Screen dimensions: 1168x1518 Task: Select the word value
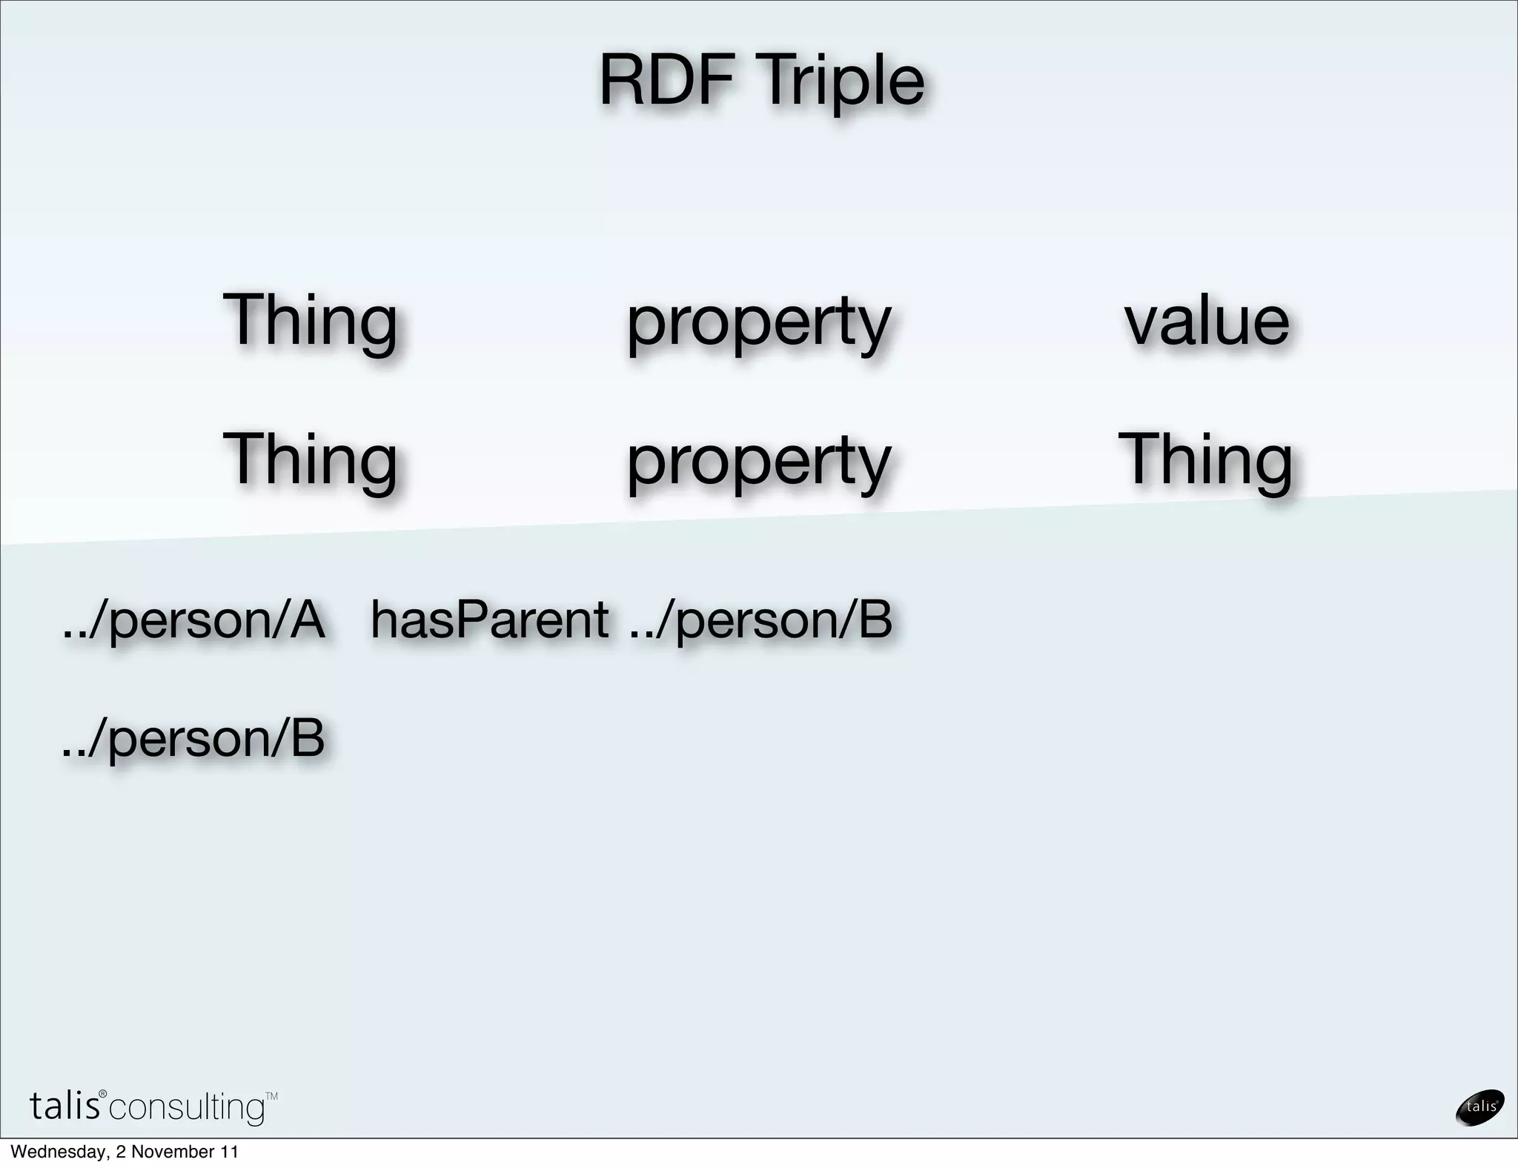coord(1207,321)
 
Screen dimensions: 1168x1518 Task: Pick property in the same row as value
coord(758,323)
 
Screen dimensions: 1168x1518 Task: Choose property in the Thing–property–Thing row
coord(758,462)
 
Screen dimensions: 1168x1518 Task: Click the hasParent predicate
coord(489,620)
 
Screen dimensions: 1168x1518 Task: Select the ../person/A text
coord(193,621)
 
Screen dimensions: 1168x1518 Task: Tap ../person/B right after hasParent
coord(760,621)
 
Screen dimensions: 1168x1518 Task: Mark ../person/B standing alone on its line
coord(193,739)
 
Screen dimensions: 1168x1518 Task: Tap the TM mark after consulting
coord(271,1095)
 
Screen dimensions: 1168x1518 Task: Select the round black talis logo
coord(1480,1107)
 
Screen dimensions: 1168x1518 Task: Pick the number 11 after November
coord(229,1152)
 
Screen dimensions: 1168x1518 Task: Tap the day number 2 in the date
coord(120,1152)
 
